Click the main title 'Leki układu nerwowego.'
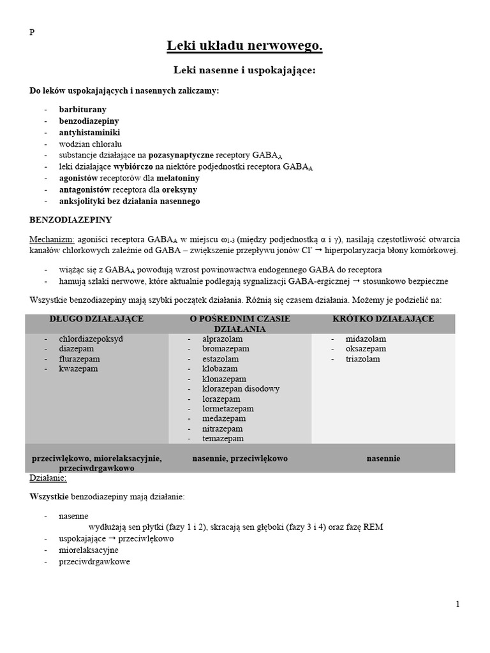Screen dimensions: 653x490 pyautogui.click(x=244, y=46)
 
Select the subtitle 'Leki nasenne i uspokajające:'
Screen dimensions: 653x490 pyautogui.click(x=244, y=70)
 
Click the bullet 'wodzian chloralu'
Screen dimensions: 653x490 pyautogui.click(x=90, y=144)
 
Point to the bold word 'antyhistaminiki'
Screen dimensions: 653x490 pyautogui.click(x=89, y=133)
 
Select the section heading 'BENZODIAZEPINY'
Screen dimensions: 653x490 pyautogui.click(x=71, y=220)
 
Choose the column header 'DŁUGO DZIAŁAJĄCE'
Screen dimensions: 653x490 pyautogui.click(x=96, y=319)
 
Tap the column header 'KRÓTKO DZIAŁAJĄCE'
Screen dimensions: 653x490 pyautogui.click(x=383, y=319)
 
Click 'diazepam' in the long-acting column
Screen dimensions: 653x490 pyautogui.click(x=77, y=349)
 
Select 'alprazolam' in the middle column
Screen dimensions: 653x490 pyautogui.click(x=223, y=339)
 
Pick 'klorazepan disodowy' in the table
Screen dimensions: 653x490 pyautogui.click(x=241, y=388)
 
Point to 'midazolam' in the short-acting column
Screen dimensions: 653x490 pyautogui.click(x=366, y=339)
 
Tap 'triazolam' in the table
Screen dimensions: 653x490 pyautogui.click(x=363, y=359)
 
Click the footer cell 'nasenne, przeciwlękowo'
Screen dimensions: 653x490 pyautogui.click(x=240, y=458)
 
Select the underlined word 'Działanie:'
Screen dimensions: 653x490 pyautogui.click(x=48, y=478)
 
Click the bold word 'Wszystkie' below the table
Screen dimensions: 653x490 pyautogui.click(x=48, y=496)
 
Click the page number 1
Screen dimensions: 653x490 pyautogui.click(x=457, y=605)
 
